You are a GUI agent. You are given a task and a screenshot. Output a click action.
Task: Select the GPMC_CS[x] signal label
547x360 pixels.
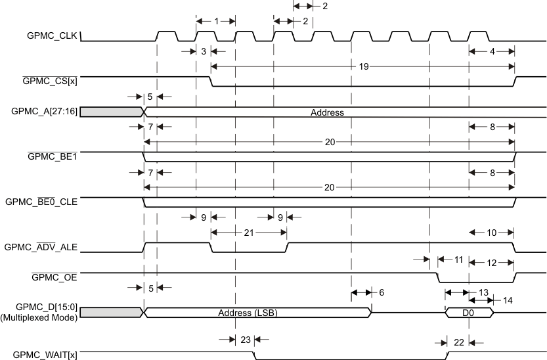(50, 81)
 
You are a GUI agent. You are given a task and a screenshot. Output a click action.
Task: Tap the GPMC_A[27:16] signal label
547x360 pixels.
(45, 112)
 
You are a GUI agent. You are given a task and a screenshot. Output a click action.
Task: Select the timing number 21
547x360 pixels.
(249, 232)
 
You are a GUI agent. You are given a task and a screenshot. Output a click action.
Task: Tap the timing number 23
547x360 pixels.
(245, 340)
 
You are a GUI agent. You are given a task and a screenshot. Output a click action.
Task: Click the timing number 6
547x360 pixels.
(382, 292)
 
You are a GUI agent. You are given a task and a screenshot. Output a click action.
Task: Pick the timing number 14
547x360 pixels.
(508, 300)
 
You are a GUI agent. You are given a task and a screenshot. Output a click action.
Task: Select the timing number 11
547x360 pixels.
(458, 261)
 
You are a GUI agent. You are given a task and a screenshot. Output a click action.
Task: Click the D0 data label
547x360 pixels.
(468, 313)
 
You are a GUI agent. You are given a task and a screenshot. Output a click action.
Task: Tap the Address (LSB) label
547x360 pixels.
(248, 313)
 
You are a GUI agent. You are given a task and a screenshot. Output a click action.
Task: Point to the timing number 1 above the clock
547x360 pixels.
(216, 21)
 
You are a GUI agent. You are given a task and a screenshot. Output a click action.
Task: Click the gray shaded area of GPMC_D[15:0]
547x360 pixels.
(110, 312)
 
